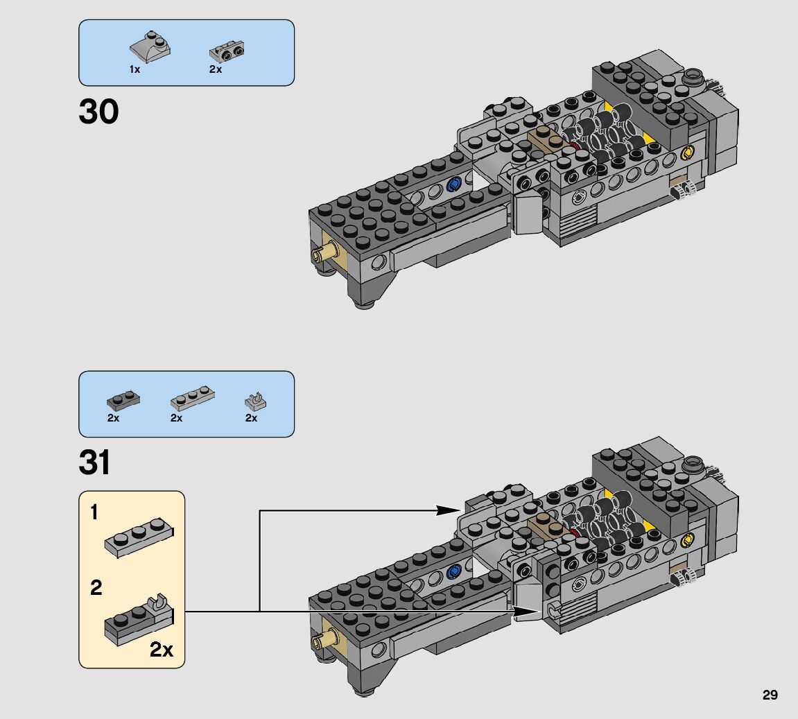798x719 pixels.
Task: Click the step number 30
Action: (98, 112)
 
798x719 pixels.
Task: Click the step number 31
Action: (96, 463)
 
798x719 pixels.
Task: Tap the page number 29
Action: (770, 695)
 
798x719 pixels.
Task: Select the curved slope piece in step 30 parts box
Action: (150, 47)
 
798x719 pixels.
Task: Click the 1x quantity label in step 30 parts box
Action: (135, 70)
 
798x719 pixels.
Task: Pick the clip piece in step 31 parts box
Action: (256, 401)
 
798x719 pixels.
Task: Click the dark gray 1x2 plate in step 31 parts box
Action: (123, 400)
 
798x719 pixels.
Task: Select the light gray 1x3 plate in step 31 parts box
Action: (192, 397)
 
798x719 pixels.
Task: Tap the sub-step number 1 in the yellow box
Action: (94, 513)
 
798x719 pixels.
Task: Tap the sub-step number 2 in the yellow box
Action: (96, 589)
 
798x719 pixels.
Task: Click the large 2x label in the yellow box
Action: (162, 650)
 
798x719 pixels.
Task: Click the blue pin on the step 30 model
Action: (455, 184)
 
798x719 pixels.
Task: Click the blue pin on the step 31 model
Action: (455, 571)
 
